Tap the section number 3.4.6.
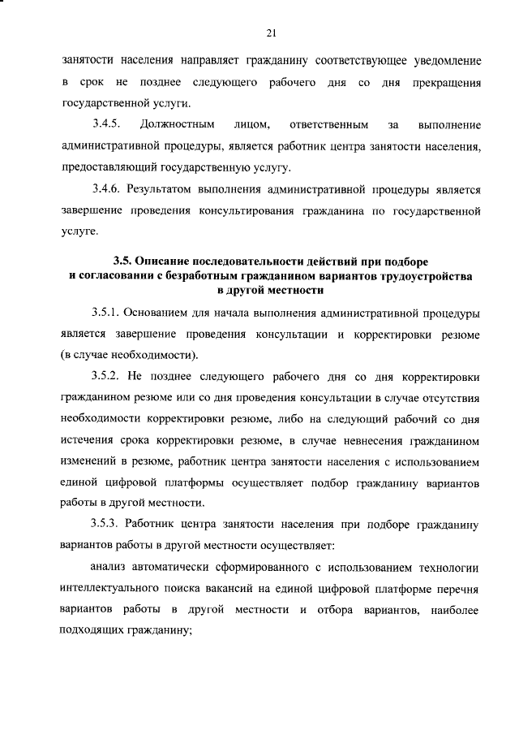coord(106,189)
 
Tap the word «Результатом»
coord(169,189)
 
